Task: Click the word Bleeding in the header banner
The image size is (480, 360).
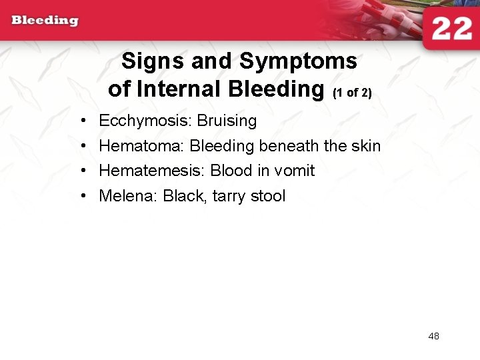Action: tap(45, 20)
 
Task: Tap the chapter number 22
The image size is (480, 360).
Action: tap(451, 29)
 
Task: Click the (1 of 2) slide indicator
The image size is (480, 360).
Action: tap(351, 93)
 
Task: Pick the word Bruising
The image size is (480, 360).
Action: tap(227, 121)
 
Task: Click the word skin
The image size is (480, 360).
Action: tap(366, 146)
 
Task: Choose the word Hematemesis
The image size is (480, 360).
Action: tap(149, 171)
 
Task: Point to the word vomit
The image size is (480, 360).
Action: tap(293, 171)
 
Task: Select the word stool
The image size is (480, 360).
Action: tap(268, 196)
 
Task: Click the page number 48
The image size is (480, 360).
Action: tap(433, 336)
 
